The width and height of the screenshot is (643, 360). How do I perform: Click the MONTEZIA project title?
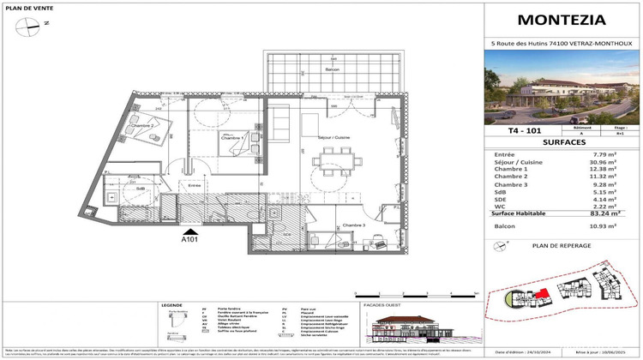(x=562, y=20)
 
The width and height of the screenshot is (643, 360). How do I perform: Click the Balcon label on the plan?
(x=307, y=69)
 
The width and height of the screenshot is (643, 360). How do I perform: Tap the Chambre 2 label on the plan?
(x=142, y=126)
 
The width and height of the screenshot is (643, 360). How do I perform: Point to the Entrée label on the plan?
(x=194, y=185)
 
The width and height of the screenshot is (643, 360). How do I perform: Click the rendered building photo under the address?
(x=562, y=86)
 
